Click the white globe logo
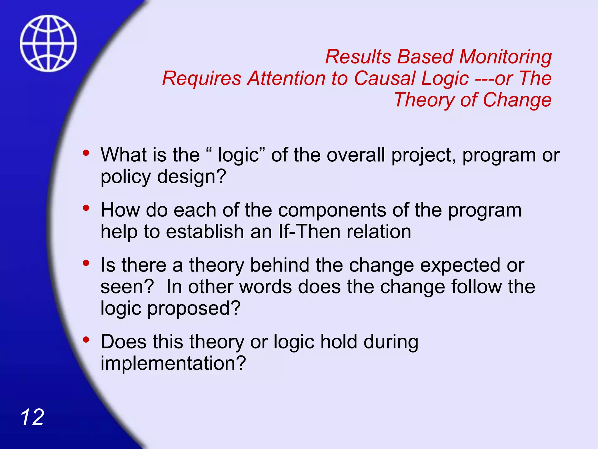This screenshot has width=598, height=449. pos(48,43)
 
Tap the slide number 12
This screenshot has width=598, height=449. pos(32,417)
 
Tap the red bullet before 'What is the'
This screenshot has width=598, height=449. pos(86,153)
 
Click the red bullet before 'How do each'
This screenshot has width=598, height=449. pos(86,208)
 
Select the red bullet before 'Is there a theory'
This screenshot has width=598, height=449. pos(86,263)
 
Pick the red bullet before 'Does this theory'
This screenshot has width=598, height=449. pos(86,340)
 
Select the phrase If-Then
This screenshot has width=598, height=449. pos(310,232)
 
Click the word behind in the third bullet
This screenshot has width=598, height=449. pos(280,265)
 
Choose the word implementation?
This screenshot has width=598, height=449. pos(173,363)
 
